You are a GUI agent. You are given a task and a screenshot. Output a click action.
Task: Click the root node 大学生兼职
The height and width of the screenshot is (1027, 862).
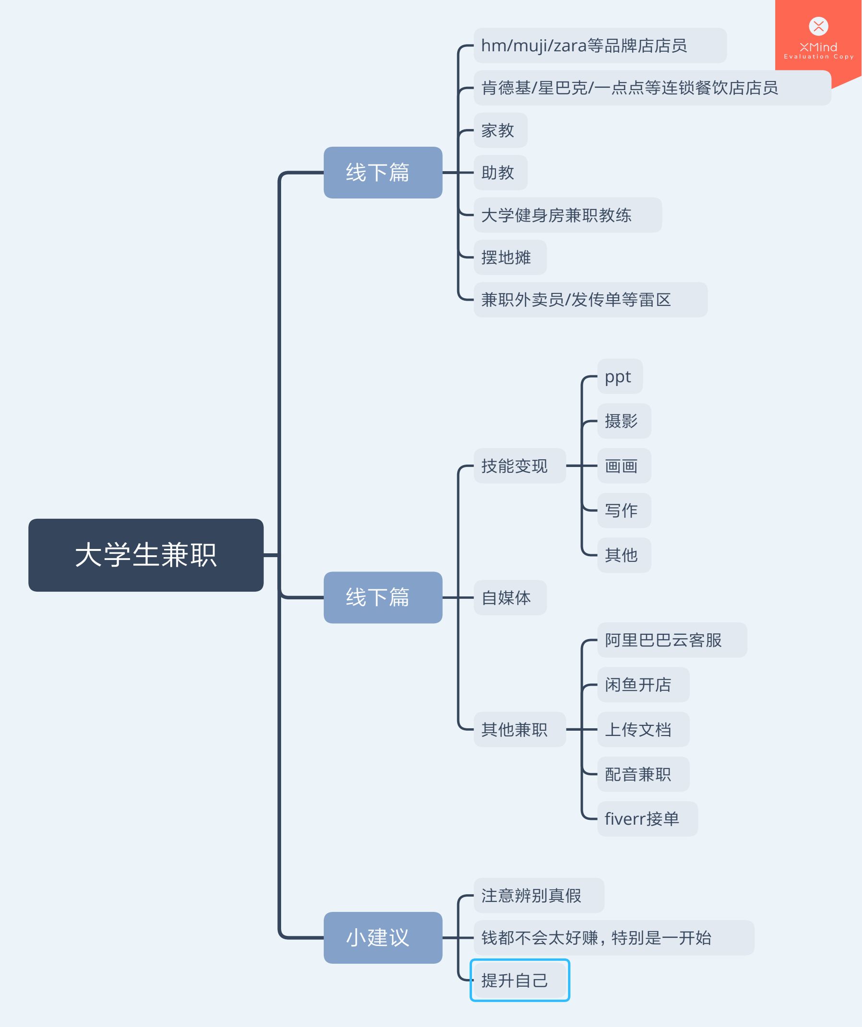click(x=146, y=555)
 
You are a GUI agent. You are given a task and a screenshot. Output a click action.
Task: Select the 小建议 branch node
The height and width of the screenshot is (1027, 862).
click(x=383, y=937)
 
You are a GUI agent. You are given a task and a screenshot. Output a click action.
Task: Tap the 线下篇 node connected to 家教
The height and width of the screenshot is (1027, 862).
click(x=383, y=172)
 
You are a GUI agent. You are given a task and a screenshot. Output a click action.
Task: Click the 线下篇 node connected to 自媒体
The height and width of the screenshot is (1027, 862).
click(x=383, y=597)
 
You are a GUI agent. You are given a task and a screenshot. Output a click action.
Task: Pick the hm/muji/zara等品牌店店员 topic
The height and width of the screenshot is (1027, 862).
click(x=600, y=46)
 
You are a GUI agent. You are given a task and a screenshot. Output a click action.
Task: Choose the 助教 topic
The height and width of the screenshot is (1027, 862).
click(x=500, y=172)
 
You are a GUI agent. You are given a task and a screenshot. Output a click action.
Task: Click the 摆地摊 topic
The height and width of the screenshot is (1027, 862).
click(x=510, y=257)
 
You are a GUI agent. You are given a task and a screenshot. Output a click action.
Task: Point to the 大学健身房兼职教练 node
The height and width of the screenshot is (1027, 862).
click(x=567, y=215)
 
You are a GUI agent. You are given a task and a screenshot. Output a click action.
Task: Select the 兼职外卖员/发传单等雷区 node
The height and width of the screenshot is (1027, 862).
click(x=590, y=299)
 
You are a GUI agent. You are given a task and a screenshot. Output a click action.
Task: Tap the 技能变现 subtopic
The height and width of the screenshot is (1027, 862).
click(x=520, y=466)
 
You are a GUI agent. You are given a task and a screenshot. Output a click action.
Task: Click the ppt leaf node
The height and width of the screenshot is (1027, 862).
click(x=619, y=376)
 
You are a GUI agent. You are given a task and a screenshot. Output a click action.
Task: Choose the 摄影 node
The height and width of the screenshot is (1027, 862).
click(x=624, y=421)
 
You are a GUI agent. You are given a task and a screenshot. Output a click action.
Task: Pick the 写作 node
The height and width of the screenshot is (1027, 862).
click(x=624, y=510)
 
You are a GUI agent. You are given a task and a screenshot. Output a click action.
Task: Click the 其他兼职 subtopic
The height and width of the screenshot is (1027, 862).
click(x=520, y=729)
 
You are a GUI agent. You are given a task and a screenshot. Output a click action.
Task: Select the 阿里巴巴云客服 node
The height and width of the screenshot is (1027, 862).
click(x=672, y=640)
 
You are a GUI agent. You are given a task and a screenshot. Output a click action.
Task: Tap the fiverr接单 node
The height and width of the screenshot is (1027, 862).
click(x=647, y=818)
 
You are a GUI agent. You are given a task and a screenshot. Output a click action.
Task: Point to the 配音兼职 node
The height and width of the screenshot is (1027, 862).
click(x=643, y=774)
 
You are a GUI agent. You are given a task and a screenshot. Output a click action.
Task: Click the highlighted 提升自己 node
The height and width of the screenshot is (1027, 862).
click(x=520, y=980)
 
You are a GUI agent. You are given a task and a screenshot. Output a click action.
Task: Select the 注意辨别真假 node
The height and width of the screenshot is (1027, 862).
click(x=539, y=896)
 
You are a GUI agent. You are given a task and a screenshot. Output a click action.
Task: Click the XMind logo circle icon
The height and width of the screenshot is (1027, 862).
click(x=818, y=26)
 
